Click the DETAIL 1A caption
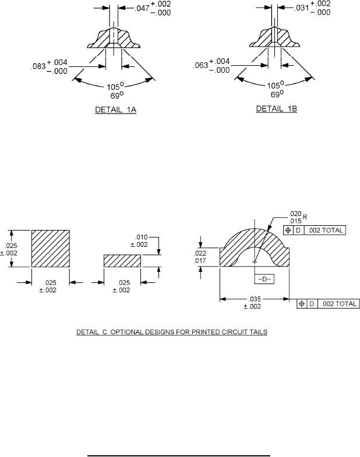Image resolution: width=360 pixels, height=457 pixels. (x=115, y=110)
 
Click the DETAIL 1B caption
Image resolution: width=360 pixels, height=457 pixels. (x=276, y=109)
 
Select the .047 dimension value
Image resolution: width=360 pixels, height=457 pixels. (x=142, y=9)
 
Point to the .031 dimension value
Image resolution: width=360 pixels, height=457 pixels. (x=301, y=8)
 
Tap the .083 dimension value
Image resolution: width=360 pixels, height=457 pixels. (x=38, y=66)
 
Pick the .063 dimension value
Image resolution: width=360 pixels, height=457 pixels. (x=201, y=65)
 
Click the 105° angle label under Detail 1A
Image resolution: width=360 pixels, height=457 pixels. (x=115, y=87)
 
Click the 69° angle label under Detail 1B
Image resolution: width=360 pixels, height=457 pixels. (x=277, y=94)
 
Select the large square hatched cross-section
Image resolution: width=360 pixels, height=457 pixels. (x=51, y=249)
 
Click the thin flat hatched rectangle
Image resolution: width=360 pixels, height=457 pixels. (x=122, y=261)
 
